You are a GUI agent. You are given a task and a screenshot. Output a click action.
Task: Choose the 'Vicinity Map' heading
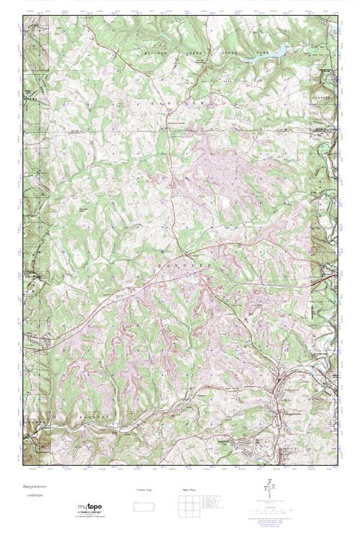point(144,490)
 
